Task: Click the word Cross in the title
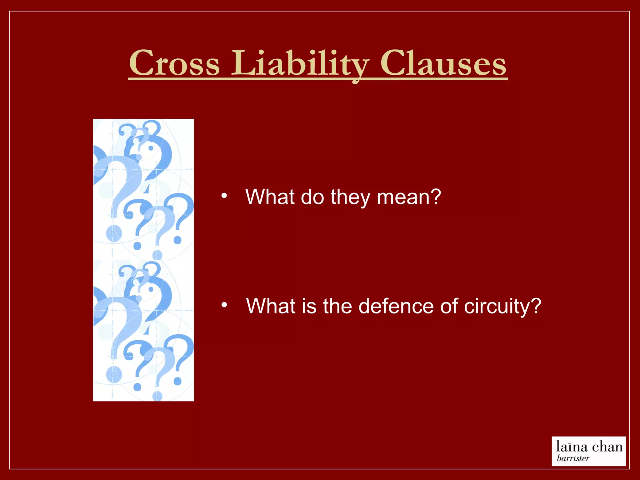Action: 174,63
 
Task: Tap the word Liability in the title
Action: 300,64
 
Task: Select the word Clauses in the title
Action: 443,63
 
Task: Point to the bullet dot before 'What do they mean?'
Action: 224,196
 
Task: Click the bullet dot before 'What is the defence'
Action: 224,305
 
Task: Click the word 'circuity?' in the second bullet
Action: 502,307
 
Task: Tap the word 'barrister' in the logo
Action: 573,458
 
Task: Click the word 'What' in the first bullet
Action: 270,197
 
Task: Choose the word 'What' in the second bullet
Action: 271,306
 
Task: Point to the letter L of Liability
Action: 242,63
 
